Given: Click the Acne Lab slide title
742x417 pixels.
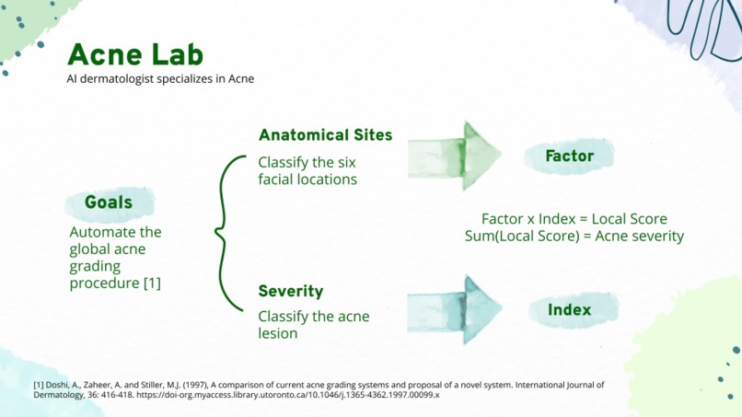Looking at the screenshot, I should coord(135,54).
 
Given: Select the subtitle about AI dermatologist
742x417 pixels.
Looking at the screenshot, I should coord(160,79).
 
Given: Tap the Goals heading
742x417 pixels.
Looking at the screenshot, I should coord(109,203).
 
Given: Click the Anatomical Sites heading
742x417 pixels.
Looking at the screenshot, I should coord(325,135).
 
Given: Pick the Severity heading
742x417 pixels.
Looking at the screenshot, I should coord(290,292).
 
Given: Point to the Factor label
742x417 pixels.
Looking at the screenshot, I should coord(569,156).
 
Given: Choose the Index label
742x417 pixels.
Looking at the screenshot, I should coord(569,310).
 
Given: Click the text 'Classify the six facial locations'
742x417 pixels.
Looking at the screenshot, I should coord(307,170).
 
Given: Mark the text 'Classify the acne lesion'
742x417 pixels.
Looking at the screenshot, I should coord(313,325).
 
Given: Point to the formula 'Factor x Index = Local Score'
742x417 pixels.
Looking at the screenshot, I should coord(574,219).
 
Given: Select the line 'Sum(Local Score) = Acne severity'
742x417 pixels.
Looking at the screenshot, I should coord(574,236).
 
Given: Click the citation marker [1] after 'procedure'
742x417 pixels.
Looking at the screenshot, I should coord(152,284).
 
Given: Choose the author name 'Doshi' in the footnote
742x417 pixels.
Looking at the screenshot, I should coord(61,385).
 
